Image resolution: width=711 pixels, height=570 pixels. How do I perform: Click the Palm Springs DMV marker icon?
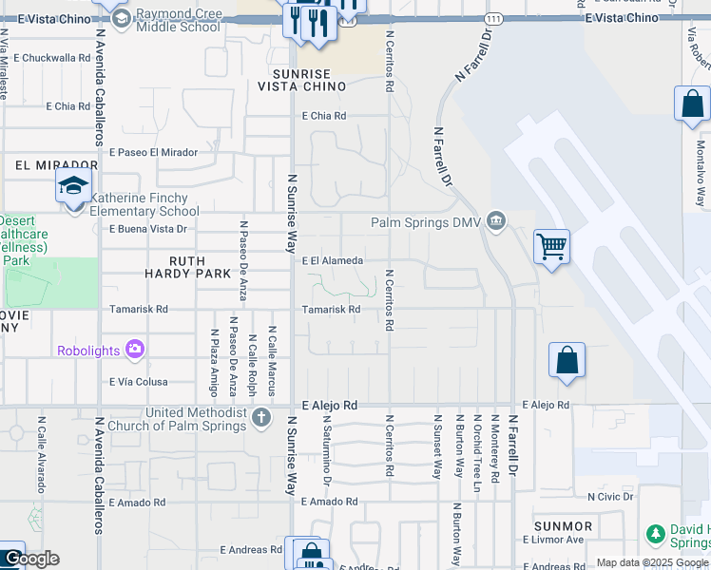click(x=495, y=221)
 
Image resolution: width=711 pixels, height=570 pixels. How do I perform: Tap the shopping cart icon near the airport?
click(x=551, y=247)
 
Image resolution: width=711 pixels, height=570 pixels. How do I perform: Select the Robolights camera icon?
click(x=135, y=351)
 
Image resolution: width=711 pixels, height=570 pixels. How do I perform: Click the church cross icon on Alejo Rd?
click(x=262, y=417)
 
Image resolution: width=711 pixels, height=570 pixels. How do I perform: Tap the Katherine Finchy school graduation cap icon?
click(x=73, y=187)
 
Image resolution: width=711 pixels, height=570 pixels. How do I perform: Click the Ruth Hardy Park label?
click(x=200, y=267)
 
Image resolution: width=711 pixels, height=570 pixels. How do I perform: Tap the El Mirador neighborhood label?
click(x=44, y=164)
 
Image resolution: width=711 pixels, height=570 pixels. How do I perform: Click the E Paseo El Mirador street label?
click(x=153, y=152)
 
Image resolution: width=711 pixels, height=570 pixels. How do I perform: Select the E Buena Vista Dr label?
click(x=147, y=229)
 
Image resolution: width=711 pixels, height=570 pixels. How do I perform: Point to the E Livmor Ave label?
click(x=552, y=540)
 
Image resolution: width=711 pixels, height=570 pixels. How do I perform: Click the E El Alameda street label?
click(x=332, y=260)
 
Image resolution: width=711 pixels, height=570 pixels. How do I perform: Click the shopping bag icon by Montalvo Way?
click(x=692, y=104)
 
